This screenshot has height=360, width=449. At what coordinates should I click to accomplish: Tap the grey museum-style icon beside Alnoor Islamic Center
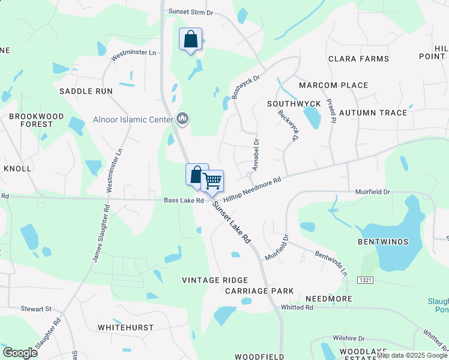pyautogui.click(x=183, y=119)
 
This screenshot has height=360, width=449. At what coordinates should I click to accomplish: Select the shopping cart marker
pyautogui.click(x=212, y=181)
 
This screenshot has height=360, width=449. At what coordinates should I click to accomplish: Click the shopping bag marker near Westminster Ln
pyautogui.click(x=190, y=40)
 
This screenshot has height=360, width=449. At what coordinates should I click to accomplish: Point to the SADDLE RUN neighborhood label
pyautogui.click(x=86, y=91)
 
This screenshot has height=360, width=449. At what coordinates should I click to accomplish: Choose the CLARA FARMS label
pyautogui.click(x=358, y=59)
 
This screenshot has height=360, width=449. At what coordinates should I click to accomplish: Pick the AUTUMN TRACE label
pyautogui.click(x=373, y=112)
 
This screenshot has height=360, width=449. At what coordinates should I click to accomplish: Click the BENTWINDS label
pyautogui.click(x=383, y=242)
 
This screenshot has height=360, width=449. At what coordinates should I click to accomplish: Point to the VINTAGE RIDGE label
pyautogui.click(x=215, y=280)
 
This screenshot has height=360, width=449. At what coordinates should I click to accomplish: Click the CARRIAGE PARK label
pyautogui.click(x=259, y=291)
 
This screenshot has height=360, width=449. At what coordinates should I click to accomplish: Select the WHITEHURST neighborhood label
pyautogui.click(x=125, y=328)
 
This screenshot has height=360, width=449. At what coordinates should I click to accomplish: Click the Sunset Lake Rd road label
pyautogui.click(x=231, y=222)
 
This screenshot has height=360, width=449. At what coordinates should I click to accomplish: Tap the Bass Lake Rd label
pyautogui.click(x=183, y=200)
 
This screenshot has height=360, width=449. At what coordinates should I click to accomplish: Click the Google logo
pyautogui.click(x=20, y=353)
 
